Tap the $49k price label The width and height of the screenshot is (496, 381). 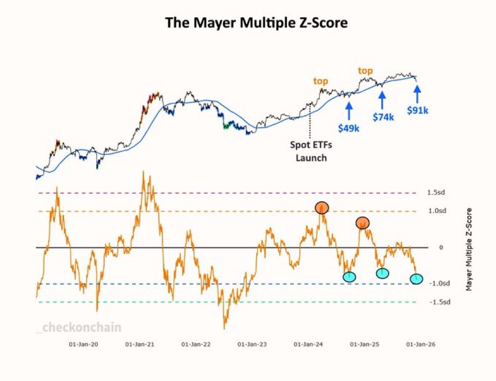pyautogui.click(x=348, y=128)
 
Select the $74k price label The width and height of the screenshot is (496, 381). pyautogui.click(x=383, y=117)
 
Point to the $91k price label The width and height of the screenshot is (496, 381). pyautogui.click(x=417, y=110)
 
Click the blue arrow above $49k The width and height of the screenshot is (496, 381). pyautogui.click(x=348, y=110)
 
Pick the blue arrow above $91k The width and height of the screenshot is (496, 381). pyautogui.click(x=417, y=93)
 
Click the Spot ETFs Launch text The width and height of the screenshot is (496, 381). pyautogui.click(x=311, y=151)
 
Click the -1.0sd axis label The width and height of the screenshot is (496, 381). pyautogui.click(x=439, y=284)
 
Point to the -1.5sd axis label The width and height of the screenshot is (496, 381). pyautogui.click(x=439, y=302)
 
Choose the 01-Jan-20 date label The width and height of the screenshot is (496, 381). pyautogui.click(x=84, y=345)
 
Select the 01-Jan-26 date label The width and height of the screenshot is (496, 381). pyautogui.click(x=419, y=345)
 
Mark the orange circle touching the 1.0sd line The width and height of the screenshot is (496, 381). pyautogui.click(x=322, y=207)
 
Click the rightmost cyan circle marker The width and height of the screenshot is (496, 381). pyautogui.click(x=417, y=279)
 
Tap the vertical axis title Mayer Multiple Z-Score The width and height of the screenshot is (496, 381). pyautogui.click(x=469, y=249)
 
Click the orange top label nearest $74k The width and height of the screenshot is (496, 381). pyautogui.click(x=365, y=71)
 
